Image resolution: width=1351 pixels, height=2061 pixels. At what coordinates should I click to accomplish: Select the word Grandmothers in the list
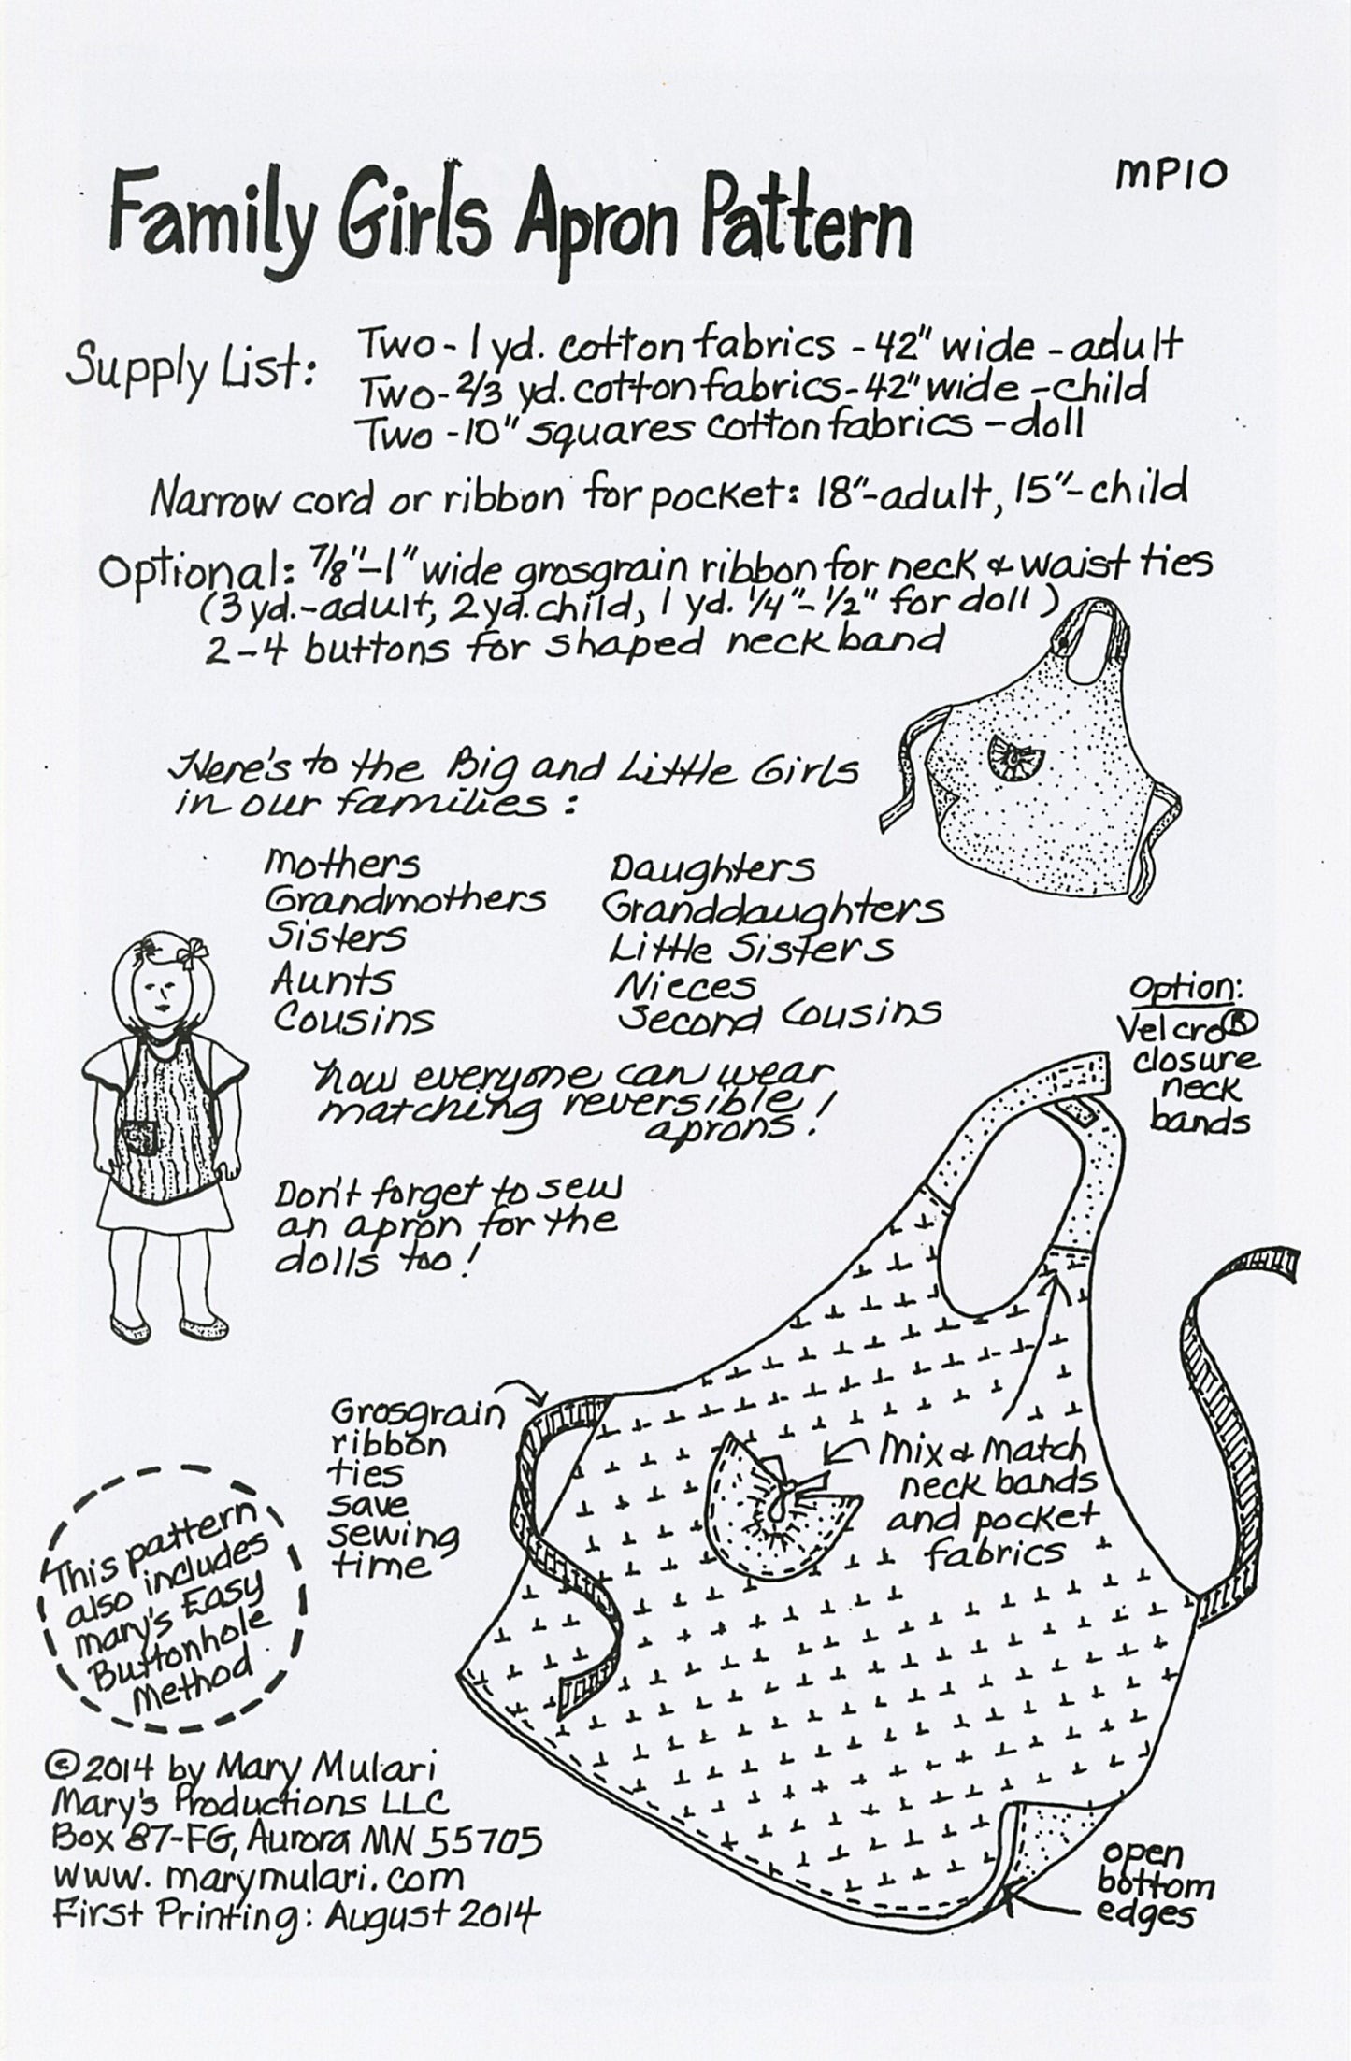(405, 900)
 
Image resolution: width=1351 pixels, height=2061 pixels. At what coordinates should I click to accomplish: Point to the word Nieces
(684, 984)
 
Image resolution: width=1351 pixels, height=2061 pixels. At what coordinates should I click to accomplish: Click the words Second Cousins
(778, 1015)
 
